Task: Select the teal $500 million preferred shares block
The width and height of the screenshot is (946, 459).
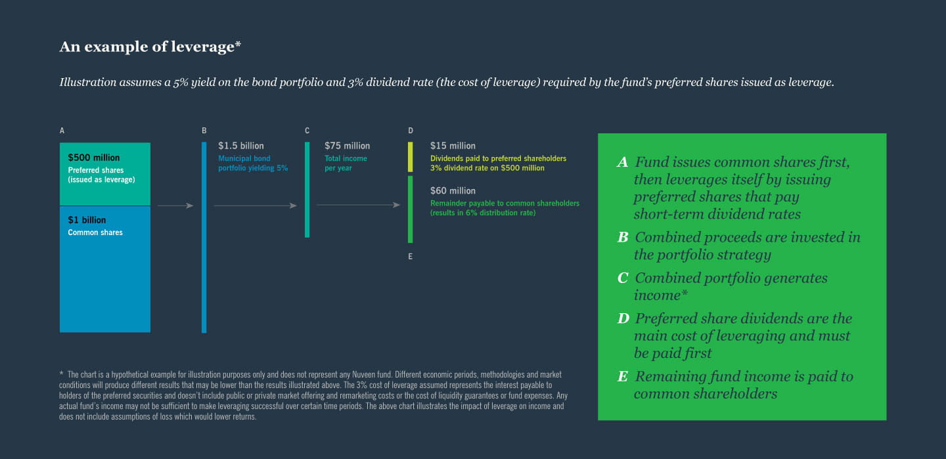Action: pyautogui.click(x=104, y=174)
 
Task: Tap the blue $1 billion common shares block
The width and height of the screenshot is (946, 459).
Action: pyautogui.click(x=104, y=269)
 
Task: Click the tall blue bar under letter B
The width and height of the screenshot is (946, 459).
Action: pyautogui.click(x=204, y=237)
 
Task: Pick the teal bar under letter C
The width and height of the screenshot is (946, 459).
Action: pyautogui.click(x=307, y=190)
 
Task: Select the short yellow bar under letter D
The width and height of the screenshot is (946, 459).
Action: pyautogui.click(x=410, y=157)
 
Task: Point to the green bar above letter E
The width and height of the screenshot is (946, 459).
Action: pyautogui.click(x=410, y=209)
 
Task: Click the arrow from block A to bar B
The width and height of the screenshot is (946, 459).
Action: pyautogui.click(x=175, y=206)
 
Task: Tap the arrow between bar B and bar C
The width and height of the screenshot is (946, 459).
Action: pyautogui.click(x=256, y=206)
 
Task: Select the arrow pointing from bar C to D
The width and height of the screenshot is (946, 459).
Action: pyautogui.click(x=358, y=205)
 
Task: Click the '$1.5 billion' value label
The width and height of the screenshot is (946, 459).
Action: pyautogui.click(x=240, y=146)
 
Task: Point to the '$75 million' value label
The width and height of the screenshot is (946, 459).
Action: pyautogui.click(x=347, y=146)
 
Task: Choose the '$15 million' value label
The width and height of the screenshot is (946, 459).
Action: pyautogui.click(x=453, y=146)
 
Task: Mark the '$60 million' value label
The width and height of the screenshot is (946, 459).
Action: pyautogui.click(x=453, y=191)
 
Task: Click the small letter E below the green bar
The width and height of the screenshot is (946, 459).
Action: pyautogui.click(x=410, y=256)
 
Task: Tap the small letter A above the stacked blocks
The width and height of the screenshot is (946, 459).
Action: pyautogui.click(x=62, y=131)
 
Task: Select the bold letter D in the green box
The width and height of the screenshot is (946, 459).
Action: pyautogui.click(x=623, y=318)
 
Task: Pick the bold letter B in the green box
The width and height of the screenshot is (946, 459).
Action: pyautogui.click(x=623, y=237)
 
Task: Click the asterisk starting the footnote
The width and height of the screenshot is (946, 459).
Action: pyautogui.click(x=61, y=373)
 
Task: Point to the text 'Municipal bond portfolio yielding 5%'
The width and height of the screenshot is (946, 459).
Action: pyautogui.click(x=252, y=163)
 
